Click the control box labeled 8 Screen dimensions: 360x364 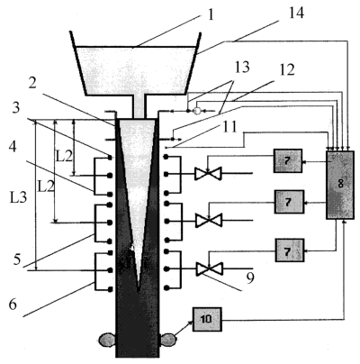pyautogui.click(x=340, y=185)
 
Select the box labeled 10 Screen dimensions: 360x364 pyautogui.click(x=207, y=319)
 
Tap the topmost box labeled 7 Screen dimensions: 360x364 pyautogui.click(x=288, y=160)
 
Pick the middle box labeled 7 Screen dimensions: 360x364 pyautogui.click(x=290, y=202)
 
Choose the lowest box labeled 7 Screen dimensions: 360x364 pyautogui.click(x=290, y=250)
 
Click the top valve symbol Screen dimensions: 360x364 pyautogui.click(x=208, y=173)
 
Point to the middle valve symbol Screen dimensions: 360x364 pyautogui.click(x=209, y=220)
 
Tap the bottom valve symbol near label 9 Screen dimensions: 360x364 pyautogui.click(x=209, y=268)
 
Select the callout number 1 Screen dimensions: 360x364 pyautogui.click(x=211, y=15)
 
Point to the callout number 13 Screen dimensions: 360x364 pyautogui.click(x=242, y=68)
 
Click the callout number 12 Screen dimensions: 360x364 pyautogui.click(x=287, y=69)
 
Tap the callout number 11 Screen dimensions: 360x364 pyautogui.click(x=229, y=127)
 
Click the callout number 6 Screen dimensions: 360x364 pyautogui.click(x=13, y=305)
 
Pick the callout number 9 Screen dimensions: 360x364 pyautogui.click(x=250, y=278)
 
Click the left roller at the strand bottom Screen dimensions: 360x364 pyautogui.click(x=107, y=341)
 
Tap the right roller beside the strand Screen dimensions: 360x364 pyautogui.click(x=168, y=340)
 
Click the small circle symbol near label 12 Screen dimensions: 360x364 pyautogui.click(x=197, y=111)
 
